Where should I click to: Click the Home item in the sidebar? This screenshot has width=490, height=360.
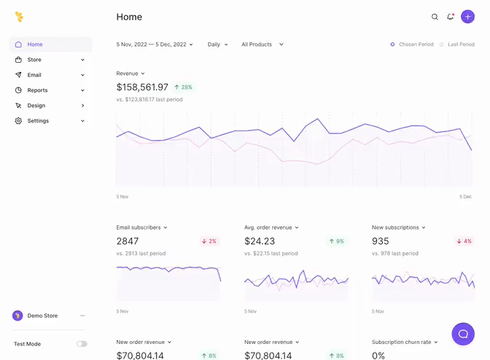[x=35, y=44]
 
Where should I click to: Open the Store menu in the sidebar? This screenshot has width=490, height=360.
[x=34, y=60]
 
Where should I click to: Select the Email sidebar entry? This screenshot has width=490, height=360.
[x=34, y=75]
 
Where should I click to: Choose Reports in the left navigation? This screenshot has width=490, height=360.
[x=37, y=90]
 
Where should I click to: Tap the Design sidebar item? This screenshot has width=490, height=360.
[x=36, y=106]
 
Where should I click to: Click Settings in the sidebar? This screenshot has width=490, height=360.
[x=38, y=121]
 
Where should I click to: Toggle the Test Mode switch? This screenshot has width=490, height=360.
[x=82, y=344]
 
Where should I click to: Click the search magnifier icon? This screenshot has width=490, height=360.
[x=435, y=17]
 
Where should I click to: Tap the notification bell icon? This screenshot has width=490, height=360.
[x=451, y=17]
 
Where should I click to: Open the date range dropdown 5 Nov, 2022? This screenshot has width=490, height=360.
[x=155, y=44]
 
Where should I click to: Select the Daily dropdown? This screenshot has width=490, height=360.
[x=217, y=44]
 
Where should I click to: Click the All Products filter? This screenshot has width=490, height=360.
[x=262, y=44]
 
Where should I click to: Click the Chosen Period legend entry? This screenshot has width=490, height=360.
[x=412, y=44]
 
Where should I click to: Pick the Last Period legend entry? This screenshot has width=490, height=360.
[x=457, y=44]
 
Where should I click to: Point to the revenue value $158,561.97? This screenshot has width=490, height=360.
[x=142, y=87]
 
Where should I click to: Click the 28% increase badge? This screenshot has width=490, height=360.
[x=183, y=87]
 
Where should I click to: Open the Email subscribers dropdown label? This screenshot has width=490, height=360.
[x=141, y=227]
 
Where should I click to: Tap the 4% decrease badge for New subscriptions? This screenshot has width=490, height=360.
[x=464, y=241]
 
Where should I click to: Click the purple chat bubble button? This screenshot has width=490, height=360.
[x=463, y=334]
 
